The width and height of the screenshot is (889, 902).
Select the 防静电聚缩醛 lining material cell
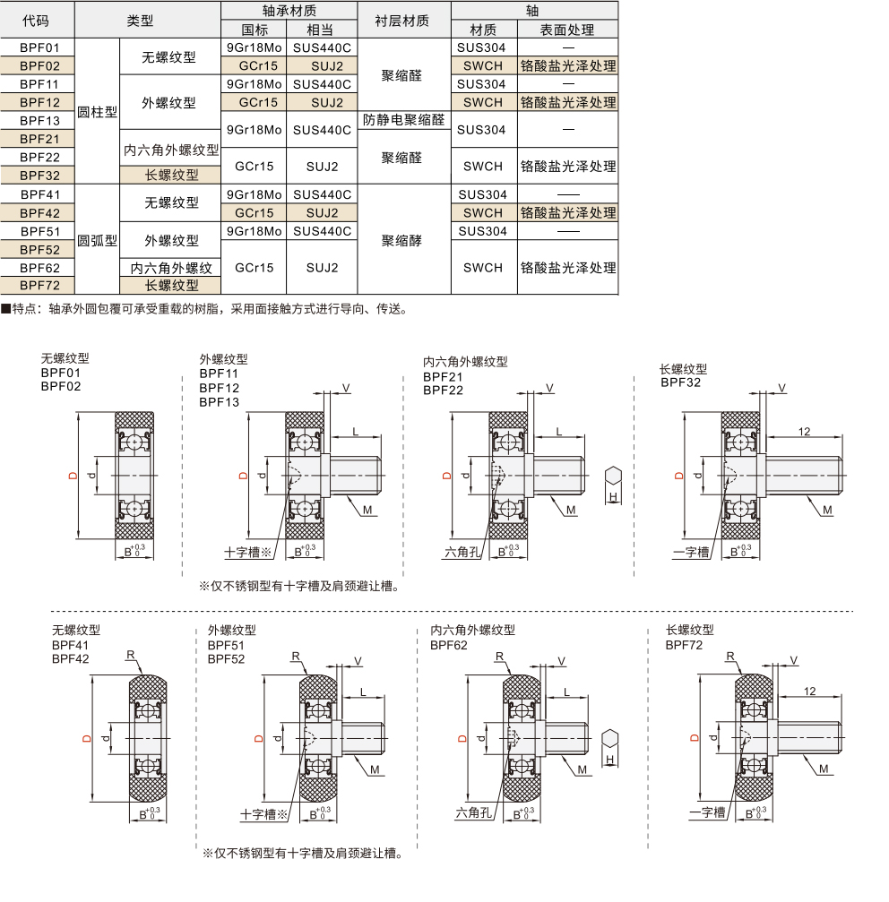(x=404, y=120)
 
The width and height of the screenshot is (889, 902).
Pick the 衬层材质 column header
(x=404, y=21)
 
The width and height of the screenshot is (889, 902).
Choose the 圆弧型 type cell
(x=98, y=240)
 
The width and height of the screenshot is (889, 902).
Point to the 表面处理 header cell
(x=567, y=30)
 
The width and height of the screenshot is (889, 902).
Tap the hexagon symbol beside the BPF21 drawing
(x=613, y=476)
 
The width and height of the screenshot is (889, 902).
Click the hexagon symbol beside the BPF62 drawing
(x=610, y=739)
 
